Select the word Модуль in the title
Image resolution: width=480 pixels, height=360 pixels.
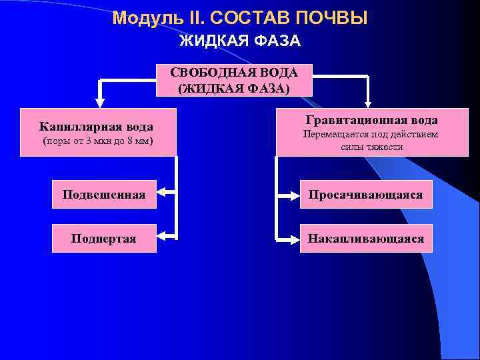[x=141, y=18]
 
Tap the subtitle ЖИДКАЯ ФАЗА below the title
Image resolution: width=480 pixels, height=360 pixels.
[x=240, y=41]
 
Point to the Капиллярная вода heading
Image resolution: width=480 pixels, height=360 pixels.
[x=96, y=127]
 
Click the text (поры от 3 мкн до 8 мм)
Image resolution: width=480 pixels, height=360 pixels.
[x=97, y=141]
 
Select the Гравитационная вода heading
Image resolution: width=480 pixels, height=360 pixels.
[x=371, y=120]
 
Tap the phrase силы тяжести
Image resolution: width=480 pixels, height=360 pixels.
[x=371, y=147]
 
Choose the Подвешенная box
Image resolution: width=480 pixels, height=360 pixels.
[x=104, y=195]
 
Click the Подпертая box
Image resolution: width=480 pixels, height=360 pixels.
[x=104, y=238]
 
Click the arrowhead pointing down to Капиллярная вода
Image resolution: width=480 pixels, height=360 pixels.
[x=100, y=103]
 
